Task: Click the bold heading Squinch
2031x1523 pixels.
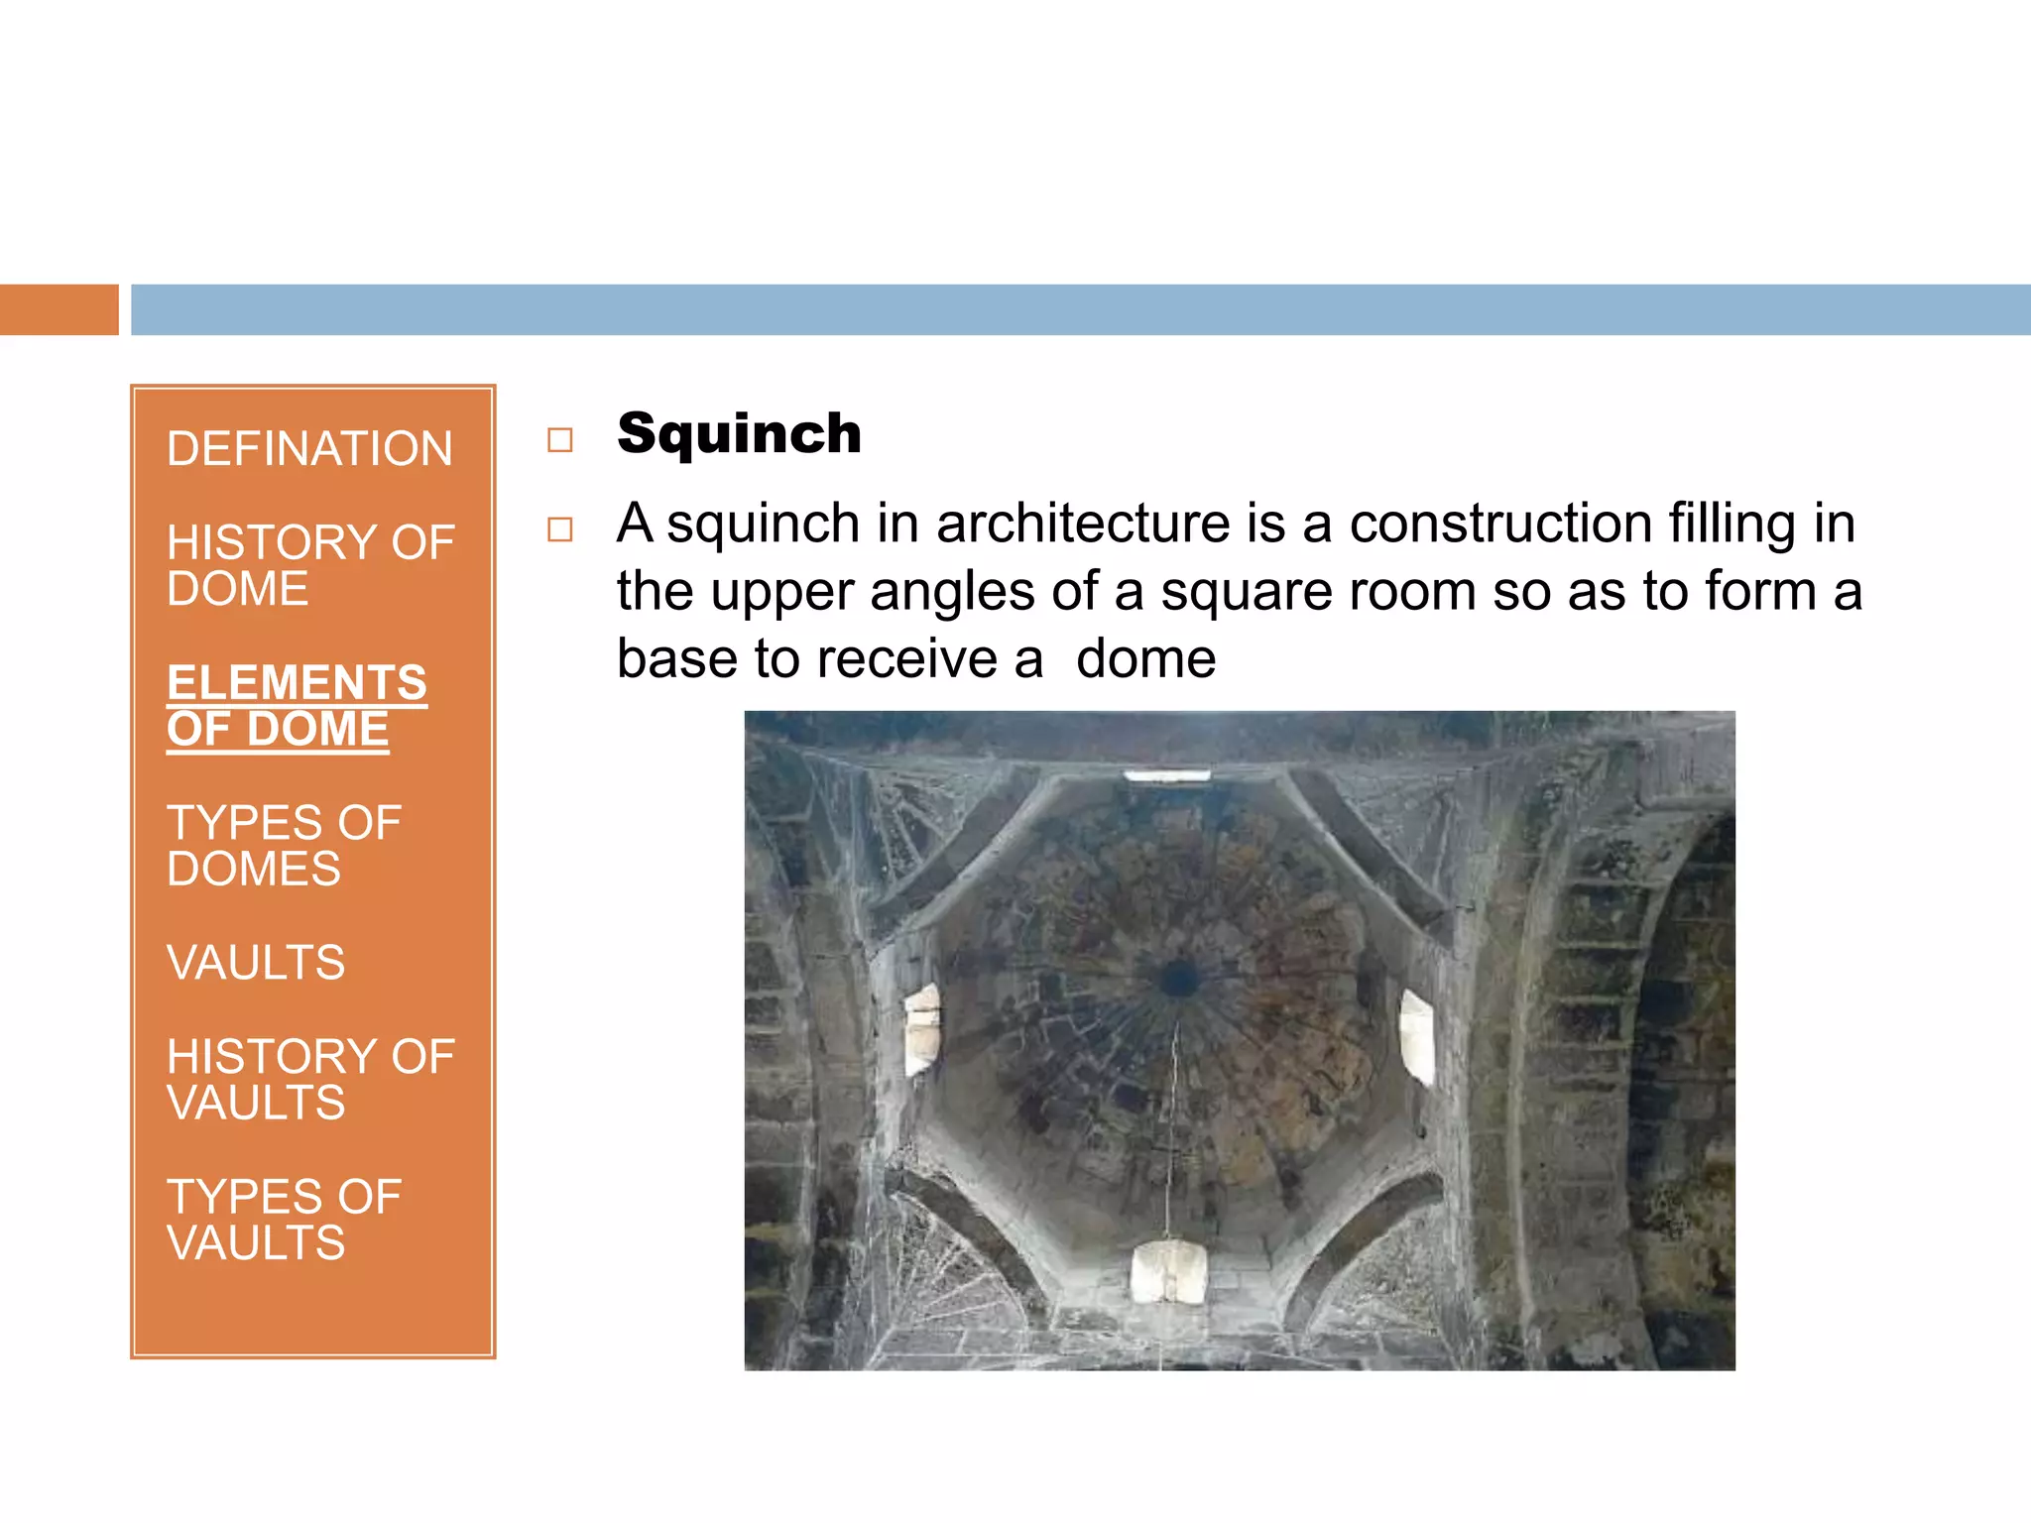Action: tap(739, 434)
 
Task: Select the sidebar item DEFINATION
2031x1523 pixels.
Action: tap(309, 449)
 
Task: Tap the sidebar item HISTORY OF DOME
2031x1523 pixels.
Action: tap(309, 565)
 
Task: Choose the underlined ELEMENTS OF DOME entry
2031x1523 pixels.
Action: tap(297, 706)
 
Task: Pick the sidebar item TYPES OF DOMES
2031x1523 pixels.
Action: tap(284, 846)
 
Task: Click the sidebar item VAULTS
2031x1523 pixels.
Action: tap(256, 963)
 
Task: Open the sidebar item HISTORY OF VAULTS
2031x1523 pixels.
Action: tap(309, 1080)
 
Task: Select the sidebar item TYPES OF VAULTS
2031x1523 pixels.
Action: tap(284, 1220)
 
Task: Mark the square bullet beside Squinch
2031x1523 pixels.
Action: tap(560, 439)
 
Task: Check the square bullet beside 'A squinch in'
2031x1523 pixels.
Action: tap(560, 529)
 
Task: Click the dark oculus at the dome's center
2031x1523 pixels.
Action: tap(1178, 979)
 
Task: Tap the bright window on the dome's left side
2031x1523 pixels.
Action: tap(922, 1028)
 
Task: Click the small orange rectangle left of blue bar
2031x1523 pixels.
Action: tap(59, 309)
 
